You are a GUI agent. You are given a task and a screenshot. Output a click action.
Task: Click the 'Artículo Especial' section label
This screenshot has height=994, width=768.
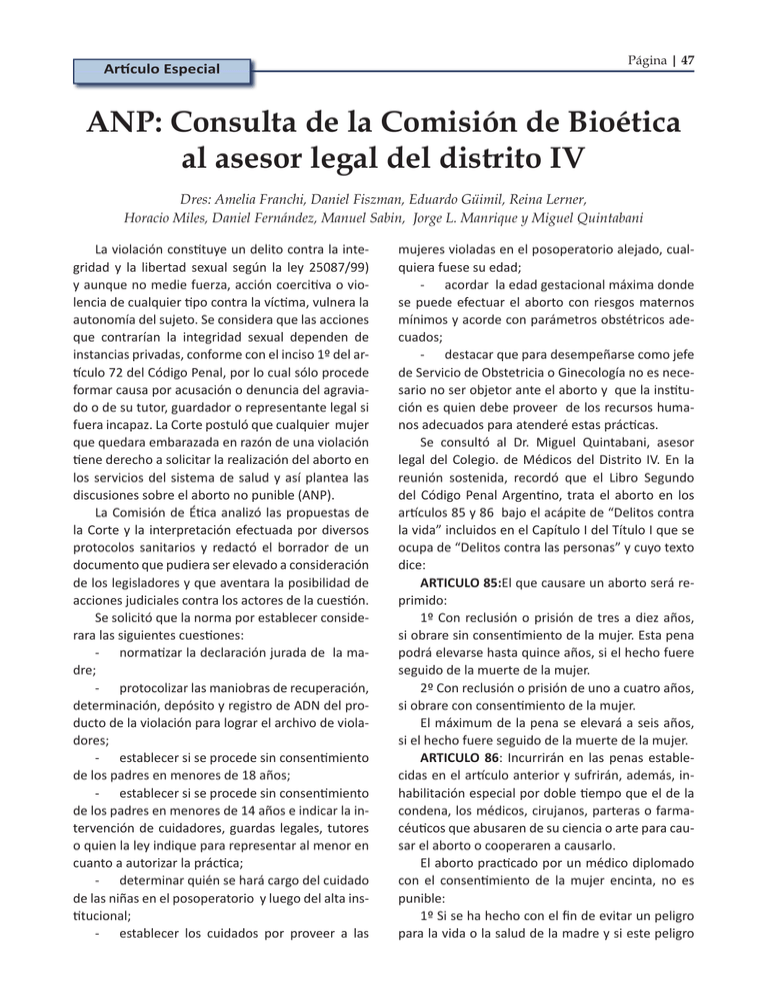tap(158, 71)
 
